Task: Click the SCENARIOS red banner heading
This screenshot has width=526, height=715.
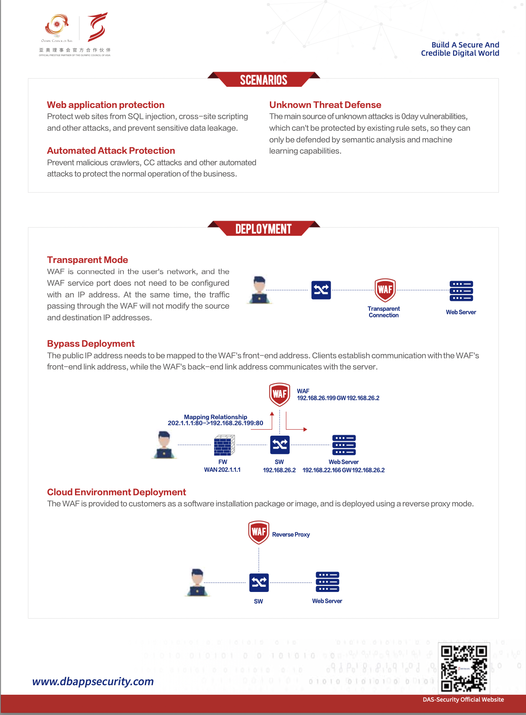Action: pos(263,80)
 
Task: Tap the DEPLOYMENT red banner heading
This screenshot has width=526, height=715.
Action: pos(263,229)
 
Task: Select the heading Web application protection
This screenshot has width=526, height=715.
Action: pos(106,105)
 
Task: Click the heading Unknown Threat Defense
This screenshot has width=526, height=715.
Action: pos(325,105)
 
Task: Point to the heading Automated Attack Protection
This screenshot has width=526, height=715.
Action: pos(111,151)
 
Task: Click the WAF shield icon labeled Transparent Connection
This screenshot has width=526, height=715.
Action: pos(385,290)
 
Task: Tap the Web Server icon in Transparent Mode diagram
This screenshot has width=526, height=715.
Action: pos(461,291)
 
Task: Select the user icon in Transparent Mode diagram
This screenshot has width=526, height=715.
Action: pos(259,290)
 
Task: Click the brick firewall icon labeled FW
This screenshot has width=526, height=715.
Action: pos(224,445)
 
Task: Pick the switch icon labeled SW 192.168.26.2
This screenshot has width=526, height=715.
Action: pos(279,445)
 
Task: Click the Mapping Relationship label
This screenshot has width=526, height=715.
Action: pos(216,417)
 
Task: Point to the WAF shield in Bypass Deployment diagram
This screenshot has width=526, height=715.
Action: pos(279,394)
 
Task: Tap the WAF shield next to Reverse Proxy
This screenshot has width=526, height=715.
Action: pos(259,532)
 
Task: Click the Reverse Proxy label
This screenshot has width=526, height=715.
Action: pos(291,535)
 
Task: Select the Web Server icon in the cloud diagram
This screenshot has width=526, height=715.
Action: pos(327,582)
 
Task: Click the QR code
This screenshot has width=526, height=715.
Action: pos(464,668)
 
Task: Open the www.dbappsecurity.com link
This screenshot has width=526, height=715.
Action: pos(93,681)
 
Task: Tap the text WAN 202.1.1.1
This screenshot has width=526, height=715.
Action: pos(222,470)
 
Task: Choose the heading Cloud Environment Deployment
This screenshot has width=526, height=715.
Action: pos(116,492)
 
